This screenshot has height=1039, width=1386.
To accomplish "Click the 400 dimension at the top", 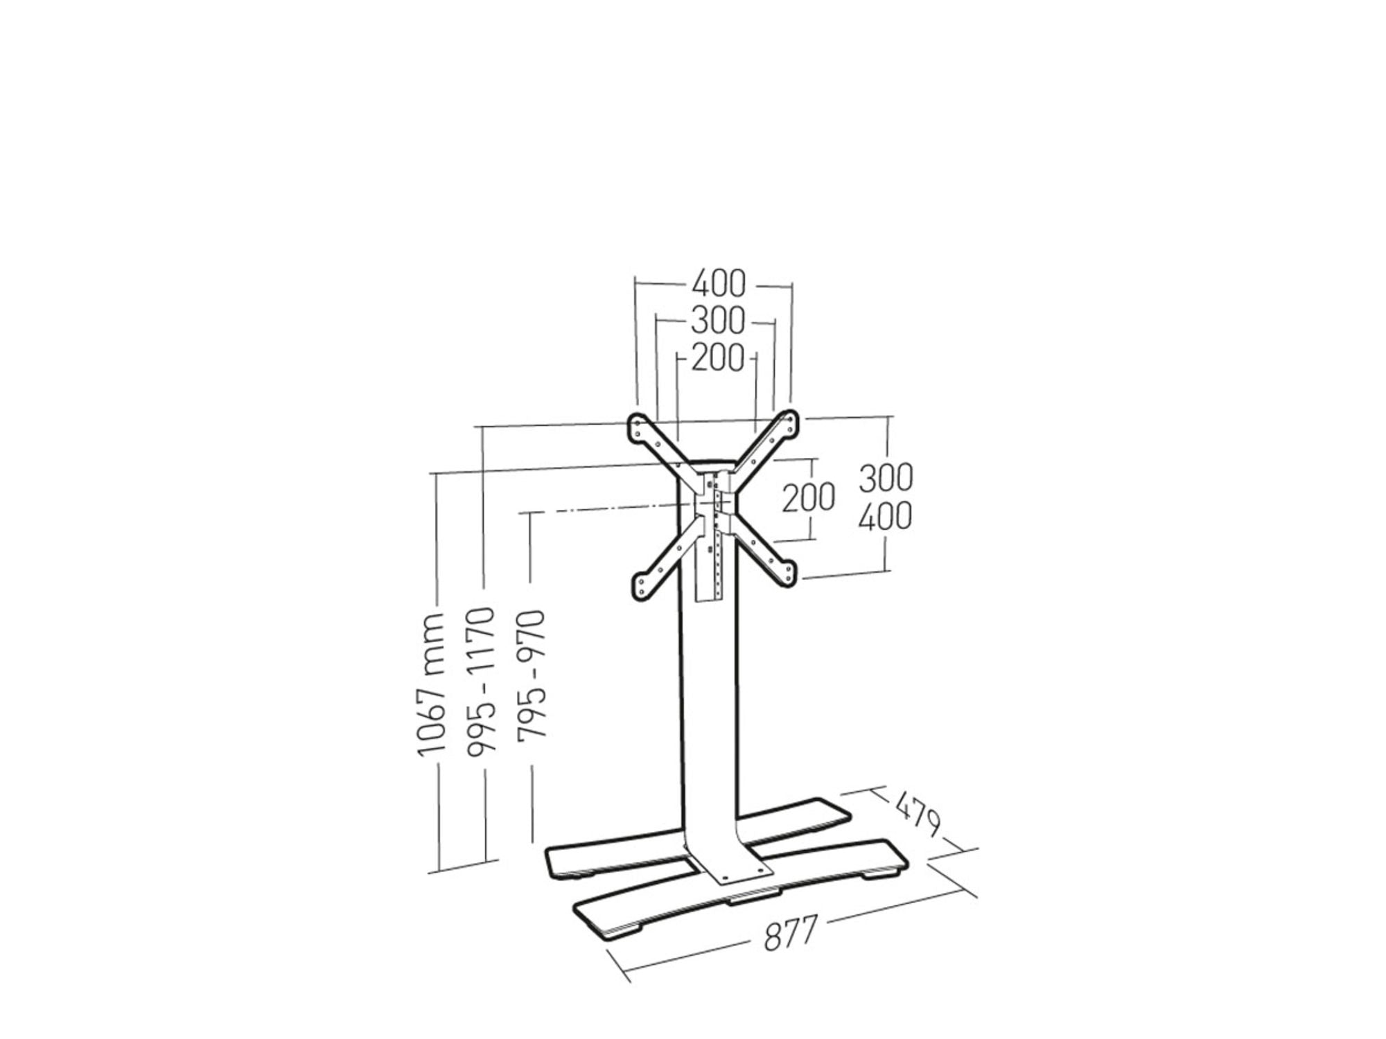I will [719, 284].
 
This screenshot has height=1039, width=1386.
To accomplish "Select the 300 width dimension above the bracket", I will [717, 321].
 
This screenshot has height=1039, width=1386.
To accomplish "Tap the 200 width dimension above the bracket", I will [717, 358].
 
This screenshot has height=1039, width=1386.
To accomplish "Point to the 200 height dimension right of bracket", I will [808, 497].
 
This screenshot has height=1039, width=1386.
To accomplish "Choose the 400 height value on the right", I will [886, 516].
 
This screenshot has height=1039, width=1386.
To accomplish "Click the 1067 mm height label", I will [430, 683].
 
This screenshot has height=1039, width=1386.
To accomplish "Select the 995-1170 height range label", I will [482, 682].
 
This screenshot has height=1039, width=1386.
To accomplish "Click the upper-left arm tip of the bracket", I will [638, 425].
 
